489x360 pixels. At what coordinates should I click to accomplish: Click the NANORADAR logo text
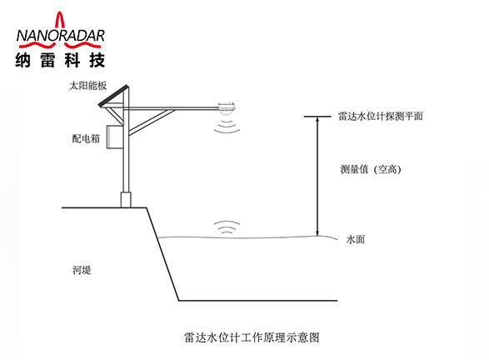pos(61,36)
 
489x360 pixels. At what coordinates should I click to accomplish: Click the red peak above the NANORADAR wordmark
pos(59,19)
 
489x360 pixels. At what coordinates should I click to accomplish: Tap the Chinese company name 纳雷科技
pos(60,60)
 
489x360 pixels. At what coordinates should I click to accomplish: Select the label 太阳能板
pos(87,86)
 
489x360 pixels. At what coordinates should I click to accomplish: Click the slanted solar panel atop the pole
pos(113,96)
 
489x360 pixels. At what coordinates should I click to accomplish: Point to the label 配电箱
pos(86,138)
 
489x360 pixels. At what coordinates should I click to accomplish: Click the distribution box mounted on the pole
pos(115,137)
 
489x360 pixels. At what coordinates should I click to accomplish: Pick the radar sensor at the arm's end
pos(227,107)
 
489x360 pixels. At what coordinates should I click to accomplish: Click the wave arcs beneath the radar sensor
pos(227,124)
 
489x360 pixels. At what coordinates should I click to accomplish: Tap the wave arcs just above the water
pos(227,227)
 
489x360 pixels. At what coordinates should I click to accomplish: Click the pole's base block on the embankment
pos(126,200)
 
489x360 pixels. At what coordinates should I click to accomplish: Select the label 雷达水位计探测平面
pos(381,117)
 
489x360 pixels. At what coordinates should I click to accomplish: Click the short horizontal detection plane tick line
pos(317,117)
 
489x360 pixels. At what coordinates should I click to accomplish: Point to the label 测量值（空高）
pos(371,169)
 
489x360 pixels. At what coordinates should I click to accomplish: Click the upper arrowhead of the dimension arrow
pos(317,120)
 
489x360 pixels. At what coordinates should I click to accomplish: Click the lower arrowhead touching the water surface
pos(317,233)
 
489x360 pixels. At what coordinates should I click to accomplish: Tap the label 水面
pos(356,239)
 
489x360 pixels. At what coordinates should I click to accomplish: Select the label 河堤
pos(82,270)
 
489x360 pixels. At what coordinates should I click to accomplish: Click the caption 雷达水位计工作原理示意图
pos(252,337)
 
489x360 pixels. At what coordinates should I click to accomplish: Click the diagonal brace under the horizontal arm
pos(152,122)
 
